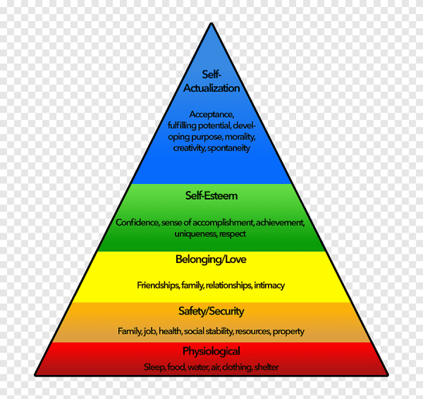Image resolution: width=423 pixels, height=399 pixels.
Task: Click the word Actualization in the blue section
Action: (211, 88)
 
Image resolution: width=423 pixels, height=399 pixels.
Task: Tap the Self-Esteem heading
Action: (211, 195)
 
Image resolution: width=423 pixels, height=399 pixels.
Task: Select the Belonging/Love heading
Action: (211, 259)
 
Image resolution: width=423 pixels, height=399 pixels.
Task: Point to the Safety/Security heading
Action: (211, 311)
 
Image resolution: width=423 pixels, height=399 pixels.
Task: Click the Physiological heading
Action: (211, 351)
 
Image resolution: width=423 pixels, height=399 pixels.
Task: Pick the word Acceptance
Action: (211, 114)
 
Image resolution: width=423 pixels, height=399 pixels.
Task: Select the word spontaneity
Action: (228, 148)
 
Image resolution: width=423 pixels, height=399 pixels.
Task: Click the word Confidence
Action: (137, 223)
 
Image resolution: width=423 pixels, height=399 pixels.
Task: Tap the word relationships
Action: (224, 286)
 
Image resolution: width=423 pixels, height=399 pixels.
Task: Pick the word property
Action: (288, 331)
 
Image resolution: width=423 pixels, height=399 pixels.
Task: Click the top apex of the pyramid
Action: (211, 25)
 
